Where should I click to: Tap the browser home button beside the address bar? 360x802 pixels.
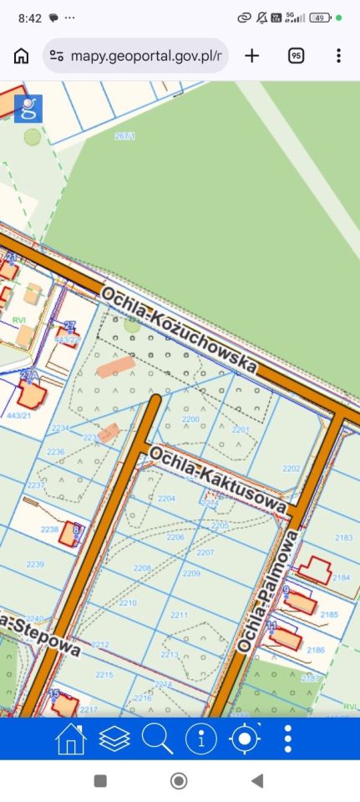tap(21, 56)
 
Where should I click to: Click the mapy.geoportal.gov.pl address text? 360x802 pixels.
tap(145, 56)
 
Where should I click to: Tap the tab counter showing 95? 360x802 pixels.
tap(296, 56)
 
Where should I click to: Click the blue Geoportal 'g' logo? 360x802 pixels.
tap(28, 109)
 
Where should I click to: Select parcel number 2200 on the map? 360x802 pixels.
tap(190, 419)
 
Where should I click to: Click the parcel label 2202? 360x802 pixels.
tap(291, 469)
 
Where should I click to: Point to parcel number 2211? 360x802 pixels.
tap(179, 615)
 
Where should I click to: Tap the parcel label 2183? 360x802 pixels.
tap(343, 538)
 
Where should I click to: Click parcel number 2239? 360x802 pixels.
tap(34, 565)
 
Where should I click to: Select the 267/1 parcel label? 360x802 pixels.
tap(124, 135)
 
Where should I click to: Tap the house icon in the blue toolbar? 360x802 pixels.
tap(71, 739)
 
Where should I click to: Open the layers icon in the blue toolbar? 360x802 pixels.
tap(114, 739)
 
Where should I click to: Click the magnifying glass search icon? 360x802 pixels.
tap(157, 739)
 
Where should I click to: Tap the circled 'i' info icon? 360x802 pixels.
tap(200, 739)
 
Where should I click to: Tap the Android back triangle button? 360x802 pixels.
tap(257, 781)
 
